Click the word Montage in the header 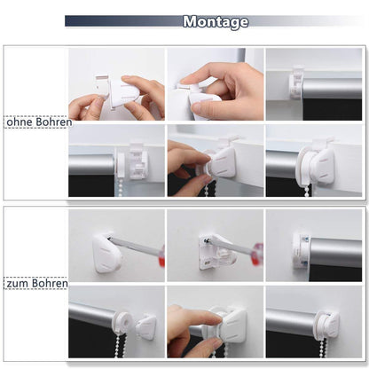[216, 22]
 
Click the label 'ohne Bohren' [39, 122]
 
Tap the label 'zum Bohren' [37, 283]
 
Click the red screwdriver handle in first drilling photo [161, 255]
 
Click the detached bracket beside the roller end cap [146, 326]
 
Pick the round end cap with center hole [122, 322]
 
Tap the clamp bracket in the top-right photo [296, 83]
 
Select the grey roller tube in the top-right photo [333, 89]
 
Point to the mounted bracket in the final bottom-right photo [327, 324]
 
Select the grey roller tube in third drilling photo [335, 252]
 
